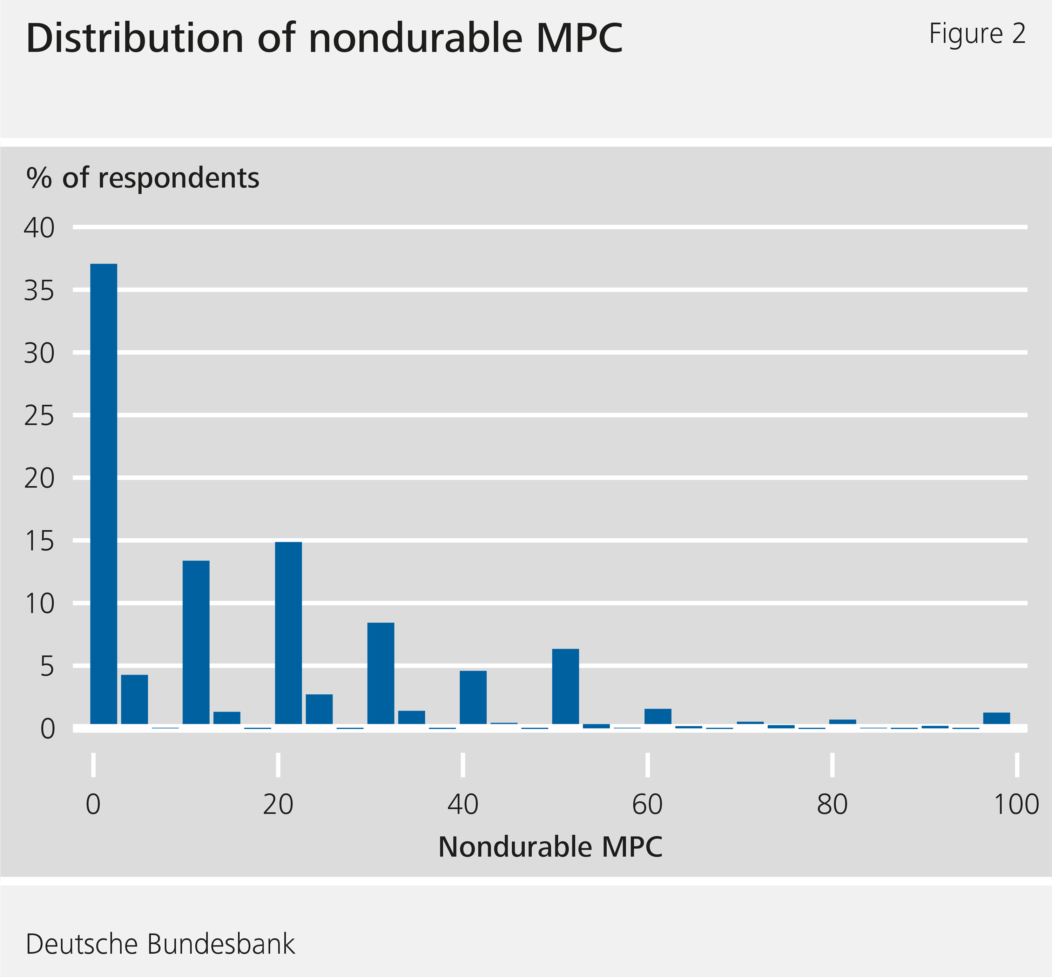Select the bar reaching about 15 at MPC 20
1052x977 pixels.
click(x=288, y=633)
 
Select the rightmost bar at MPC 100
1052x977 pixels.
click(x=997, y=719)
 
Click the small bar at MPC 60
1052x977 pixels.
click(x=657, y=716)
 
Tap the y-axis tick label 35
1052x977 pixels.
click(x=39, y=291)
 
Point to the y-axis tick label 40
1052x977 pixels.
click(x=39, y=228)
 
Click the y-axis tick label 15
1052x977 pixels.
click(x=39, y=542)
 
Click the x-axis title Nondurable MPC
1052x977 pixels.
click(x=550, y=847)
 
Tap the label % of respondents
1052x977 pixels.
click(x=143, y=178)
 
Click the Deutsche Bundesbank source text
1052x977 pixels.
click(x=160, y=944)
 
